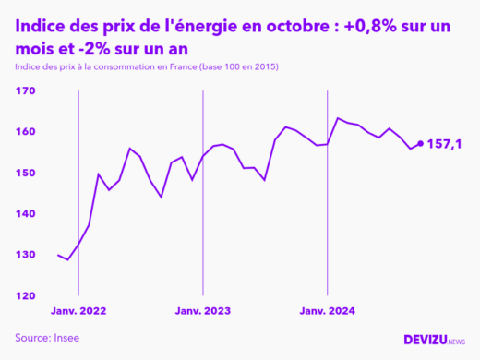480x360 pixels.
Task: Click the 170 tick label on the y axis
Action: [24, 91]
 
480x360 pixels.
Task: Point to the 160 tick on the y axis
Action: [24, 132]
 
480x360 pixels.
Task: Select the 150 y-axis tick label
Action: [24, 174]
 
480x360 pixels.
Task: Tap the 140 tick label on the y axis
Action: [24, 214]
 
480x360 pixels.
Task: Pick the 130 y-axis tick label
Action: [24, 255]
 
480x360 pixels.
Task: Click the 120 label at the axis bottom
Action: [24, 295]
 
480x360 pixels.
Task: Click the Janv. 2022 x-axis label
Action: [78, 311]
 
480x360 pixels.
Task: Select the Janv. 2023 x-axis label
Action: [203, 311]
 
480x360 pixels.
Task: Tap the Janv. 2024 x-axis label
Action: [329, 311]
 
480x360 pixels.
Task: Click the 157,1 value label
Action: [445, 143]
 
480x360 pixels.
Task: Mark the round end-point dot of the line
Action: [421, 143]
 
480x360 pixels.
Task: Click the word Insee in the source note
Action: [66, 338]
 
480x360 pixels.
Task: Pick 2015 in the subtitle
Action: [265, 68]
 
